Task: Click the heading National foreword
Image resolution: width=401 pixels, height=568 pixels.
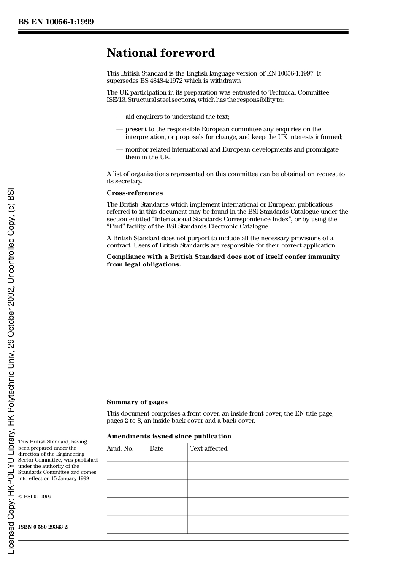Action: pyautogui.click(x=160, y=53)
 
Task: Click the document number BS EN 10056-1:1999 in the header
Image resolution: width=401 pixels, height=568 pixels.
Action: pyautogui.click(x=56, y=22)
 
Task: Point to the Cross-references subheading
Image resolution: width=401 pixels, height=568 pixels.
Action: pyautogui.click(x=134, y=193)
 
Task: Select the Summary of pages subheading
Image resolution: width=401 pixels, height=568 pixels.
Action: pyautogui.click(x=137, y=402)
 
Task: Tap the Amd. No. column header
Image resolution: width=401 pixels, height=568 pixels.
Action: pyautogui.click(x=120, y=448)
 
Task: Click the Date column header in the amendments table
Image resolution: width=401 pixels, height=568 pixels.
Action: pyautogui.click(x=156, y=448)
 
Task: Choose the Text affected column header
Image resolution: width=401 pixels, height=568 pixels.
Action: pyautogui.click(x=209, y=448)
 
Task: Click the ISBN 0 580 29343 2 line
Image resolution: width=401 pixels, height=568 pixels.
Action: pyautogui.click(x=43, y=527)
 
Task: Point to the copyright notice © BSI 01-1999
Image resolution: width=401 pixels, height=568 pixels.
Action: pyautogui.click(x=35, y=497)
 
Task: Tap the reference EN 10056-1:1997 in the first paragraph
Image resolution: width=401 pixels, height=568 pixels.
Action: pyautogui.click(x=290, y=73)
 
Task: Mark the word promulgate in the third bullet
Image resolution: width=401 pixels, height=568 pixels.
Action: pyautogui.click(x=323, y=149)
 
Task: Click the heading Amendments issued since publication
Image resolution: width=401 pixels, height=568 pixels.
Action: pyautogui.click(x=169, y=436)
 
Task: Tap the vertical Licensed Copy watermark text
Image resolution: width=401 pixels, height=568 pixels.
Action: pyautogui.click(x=11, y=372)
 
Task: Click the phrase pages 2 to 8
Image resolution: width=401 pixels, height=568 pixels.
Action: pyautogui.click(x=124, y=421)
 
